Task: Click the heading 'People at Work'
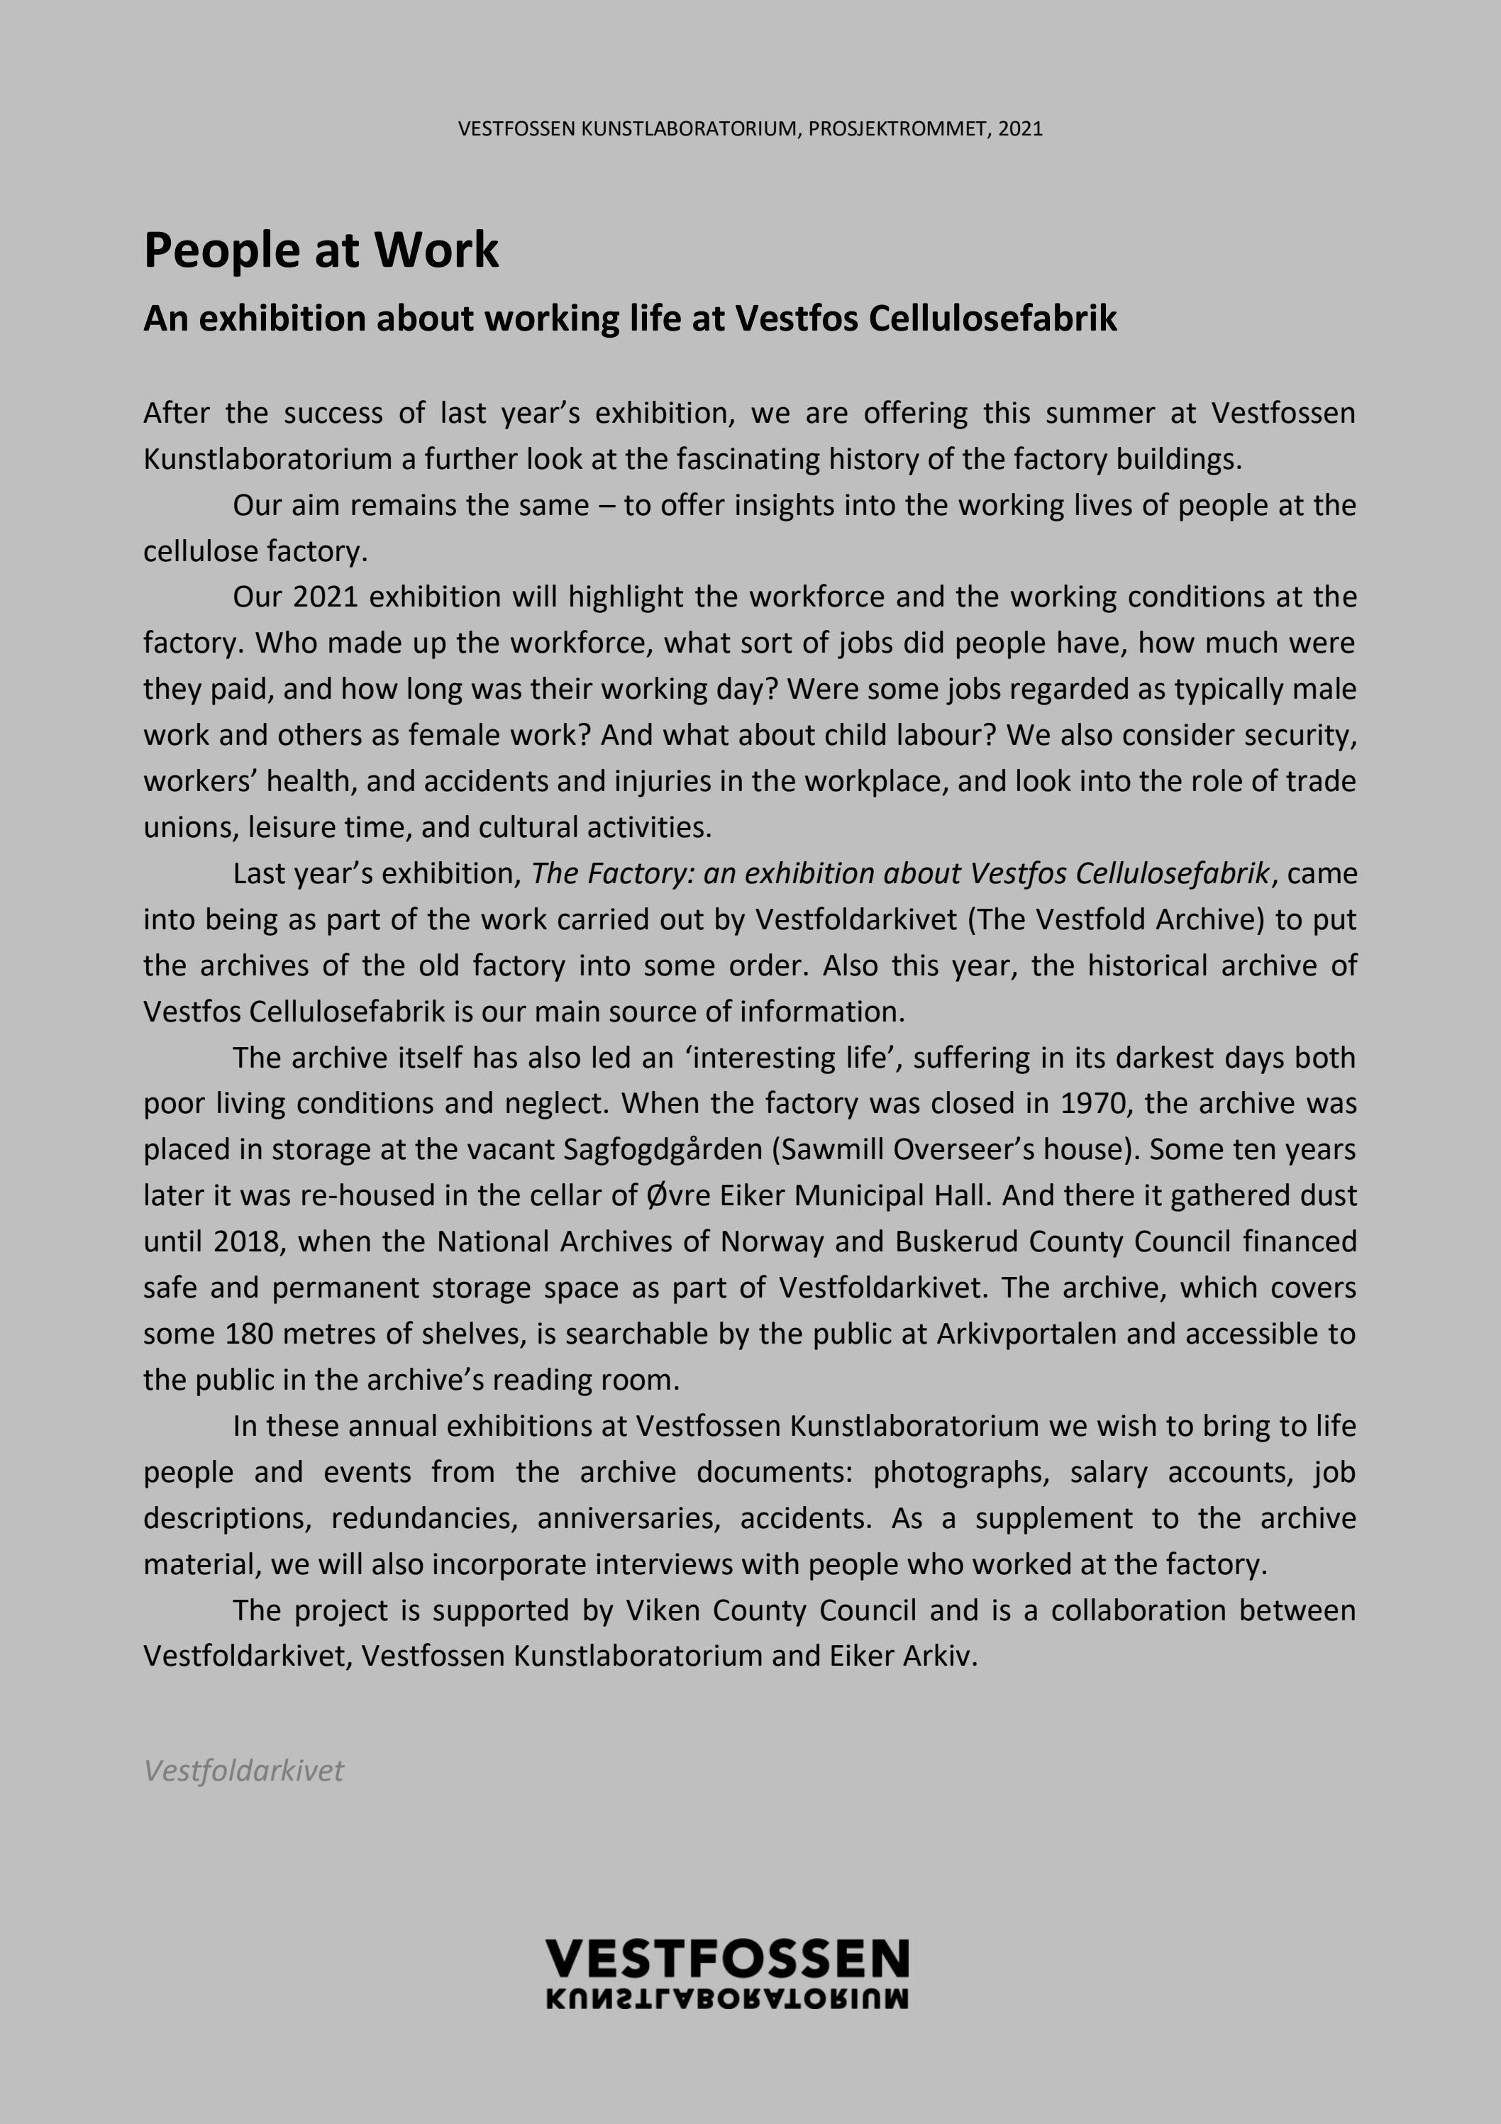pyautogui.click(x=321, y=250)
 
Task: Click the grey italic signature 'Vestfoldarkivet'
pyautogui.click(x=243, y=1771)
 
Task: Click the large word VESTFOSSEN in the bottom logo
pyautogui.click(x=727, y=1959)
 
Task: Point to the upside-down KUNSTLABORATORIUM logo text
pyautogui.click(x=727, y=1998)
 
